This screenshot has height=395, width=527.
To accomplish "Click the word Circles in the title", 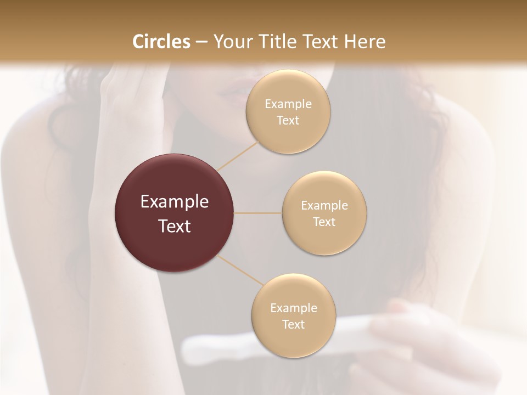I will tap(161, 42).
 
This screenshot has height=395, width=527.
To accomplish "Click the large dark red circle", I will tap(175, 213).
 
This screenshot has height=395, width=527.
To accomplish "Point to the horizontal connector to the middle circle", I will tap(257, 213).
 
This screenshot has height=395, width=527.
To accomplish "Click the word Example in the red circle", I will tap(175, 202).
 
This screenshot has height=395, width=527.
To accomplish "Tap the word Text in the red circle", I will tap(175, 226).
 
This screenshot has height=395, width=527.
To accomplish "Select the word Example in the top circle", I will tap(288, 104).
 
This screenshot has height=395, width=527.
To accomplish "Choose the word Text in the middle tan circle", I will tap(324, 222).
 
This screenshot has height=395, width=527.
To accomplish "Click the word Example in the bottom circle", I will tap(293, 308).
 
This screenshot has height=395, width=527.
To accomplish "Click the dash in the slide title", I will tap(201, 42).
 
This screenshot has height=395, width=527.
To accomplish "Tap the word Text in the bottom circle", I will tap(293, 325).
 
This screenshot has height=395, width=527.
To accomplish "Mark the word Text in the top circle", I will tap(288, 121).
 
